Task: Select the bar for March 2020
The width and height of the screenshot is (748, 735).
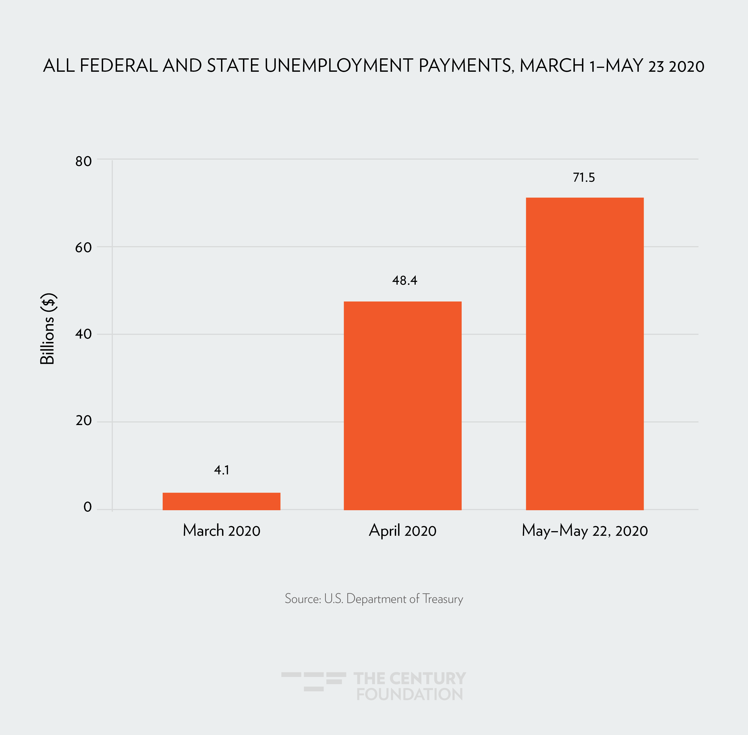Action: coord(221,501)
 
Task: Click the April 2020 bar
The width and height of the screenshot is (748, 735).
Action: coord(402,405)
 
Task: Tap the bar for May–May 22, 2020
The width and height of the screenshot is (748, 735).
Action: coord(584,354)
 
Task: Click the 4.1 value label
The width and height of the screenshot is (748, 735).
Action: coord(222,470)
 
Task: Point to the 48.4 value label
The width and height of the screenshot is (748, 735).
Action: coord(404,280)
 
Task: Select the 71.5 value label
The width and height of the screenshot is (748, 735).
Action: coord(584,178)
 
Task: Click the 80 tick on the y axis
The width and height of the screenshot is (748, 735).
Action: coord(83,161)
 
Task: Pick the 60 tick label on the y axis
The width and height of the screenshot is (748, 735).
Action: coord(83,247)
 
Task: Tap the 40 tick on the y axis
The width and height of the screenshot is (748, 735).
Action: coord(83,334)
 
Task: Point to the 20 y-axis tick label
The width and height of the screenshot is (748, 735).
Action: coord(83,420)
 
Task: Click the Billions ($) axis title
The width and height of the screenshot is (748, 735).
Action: coord(48,329)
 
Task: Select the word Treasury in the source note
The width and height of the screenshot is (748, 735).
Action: coord(443,599)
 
